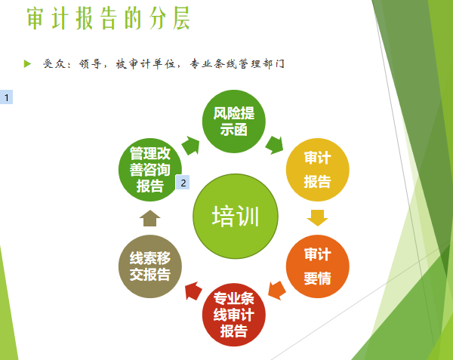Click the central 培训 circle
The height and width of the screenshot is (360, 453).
pyautogui.click(x=236, y=217)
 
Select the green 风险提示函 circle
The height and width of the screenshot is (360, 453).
pyautogui.click(x=234, y=122)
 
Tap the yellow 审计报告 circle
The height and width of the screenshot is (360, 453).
pyautogui.click(x=318, y=170)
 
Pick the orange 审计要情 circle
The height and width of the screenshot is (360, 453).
pyautogui.click(x=318, y=266)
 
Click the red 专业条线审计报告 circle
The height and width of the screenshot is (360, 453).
pyautogui.click(x=234, y=315)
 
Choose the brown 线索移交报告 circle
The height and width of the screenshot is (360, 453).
pyautogui.click(x=150, y=266)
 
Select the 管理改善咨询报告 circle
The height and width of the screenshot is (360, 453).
pyautogui.click(x=150, y=170)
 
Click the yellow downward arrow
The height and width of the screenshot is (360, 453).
pyautogui.click(x=318, y=218)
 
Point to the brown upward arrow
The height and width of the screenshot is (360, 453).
pyautogui.click(x=150, y=218)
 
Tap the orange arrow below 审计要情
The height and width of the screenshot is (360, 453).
pyautogui.click(x=276, y=291)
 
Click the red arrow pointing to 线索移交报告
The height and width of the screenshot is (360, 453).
pyautogui.click(x=193, y=291)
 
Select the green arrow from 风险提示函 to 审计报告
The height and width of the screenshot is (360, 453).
pyautogui.click(x=275, y=145)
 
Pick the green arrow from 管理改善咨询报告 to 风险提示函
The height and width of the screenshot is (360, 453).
pyautogui.click(x=191, y=145)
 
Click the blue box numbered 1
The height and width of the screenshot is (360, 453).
pyautogui.click(x=6, y=97)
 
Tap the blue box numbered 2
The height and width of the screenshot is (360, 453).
pyautogui.click(x=183, y=183)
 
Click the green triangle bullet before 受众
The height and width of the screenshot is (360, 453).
pyautogui.click(x=27, y=63)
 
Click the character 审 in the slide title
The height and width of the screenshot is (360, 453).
pyautogui.click(x=35, y=18)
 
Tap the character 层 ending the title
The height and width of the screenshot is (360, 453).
pyautogui.click(x=182, y=18)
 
